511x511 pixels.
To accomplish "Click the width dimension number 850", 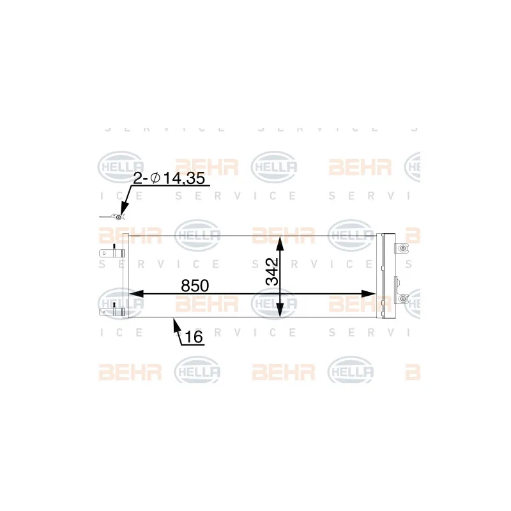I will pyautogui.click(x=195, y=286).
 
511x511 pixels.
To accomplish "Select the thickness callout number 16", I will pyautogui.click(x=194, y=337).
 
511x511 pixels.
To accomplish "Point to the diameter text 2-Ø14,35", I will pyautogui.click(x=169, y=179).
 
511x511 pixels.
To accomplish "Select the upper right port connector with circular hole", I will pyautogui.click(x=402, y=250).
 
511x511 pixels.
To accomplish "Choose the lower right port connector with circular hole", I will pyautogui.click(x=402, y=298).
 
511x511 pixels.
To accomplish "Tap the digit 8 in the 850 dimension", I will pyautogui.click(x=186, y=286).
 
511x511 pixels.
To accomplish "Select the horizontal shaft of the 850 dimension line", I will pyautogui.click(x=256, y=293).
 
